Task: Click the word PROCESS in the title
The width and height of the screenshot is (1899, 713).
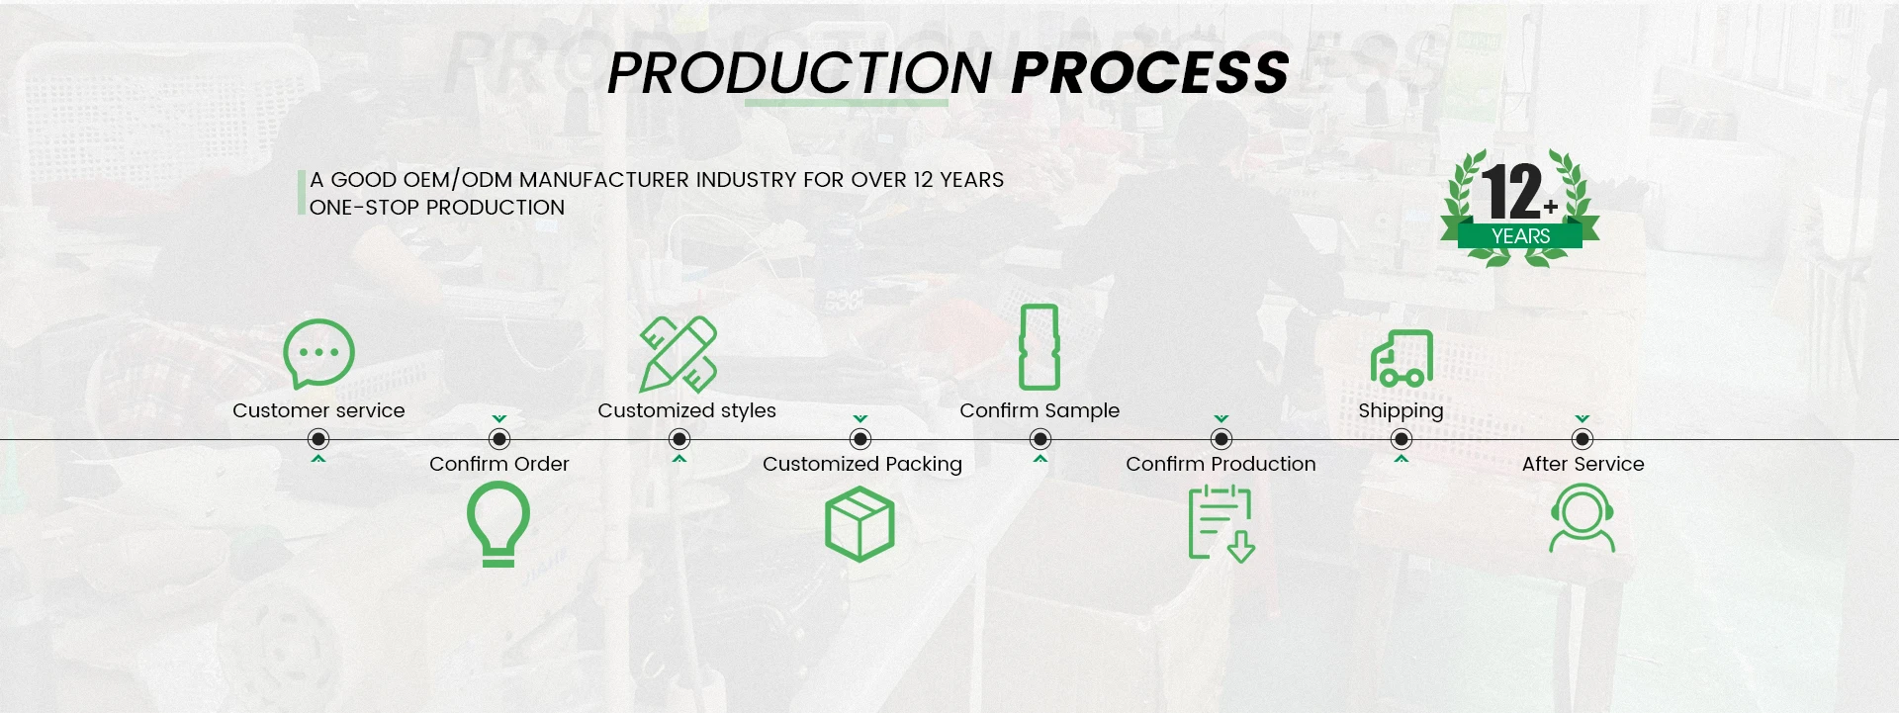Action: click(x=1150, y=73)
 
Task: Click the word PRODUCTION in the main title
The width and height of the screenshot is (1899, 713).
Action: click(x=799, y=73)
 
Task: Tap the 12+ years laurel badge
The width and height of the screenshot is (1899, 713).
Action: click(x=1520, y=208)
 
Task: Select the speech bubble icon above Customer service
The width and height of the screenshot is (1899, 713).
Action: click(x=318, y=353)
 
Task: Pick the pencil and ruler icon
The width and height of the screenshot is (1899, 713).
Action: click(x=678, y=354)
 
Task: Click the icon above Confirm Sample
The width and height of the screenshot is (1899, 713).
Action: click(x=1040, y=347)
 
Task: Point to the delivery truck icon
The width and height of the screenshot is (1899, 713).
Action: click(x=1402, y=358)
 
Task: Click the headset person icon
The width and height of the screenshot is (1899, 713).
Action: click(x=1582, y=518)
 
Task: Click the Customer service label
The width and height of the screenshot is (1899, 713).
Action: click(x=318, y=410)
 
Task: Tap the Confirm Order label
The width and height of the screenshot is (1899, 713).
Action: click(x=499, y=464)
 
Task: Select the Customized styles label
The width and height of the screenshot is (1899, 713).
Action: click(x=686, y=410)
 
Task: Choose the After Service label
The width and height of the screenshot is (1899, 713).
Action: click(x=1582, y=464)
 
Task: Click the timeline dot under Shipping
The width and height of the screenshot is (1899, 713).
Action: click(x=1402, y=439)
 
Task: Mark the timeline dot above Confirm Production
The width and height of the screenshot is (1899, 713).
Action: click(x=1221, y=439)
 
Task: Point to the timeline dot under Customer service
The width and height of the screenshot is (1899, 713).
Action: click(x=318, y=439)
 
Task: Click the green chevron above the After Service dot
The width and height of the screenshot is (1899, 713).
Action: click(x=1582, y=419)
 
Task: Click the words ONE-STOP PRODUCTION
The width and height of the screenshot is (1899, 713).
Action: click(x=437, y=208)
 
